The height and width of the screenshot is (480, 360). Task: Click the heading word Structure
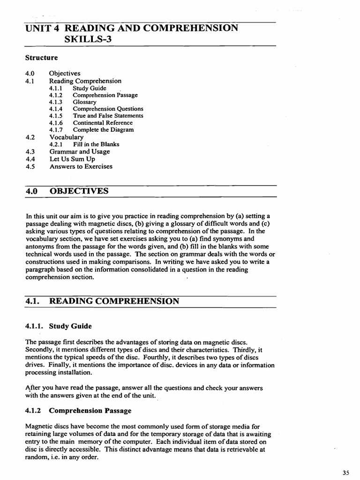pyautogui.click(x=41, y=58)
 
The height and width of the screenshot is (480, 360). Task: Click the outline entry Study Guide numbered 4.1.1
pyautogui.click(x=90, y=88)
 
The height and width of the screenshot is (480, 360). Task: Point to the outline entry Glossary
pyautogui.click(x=84, y=102)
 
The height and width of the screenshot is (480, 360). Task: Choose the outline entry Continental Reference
pyautogui.click(x=103, y=122)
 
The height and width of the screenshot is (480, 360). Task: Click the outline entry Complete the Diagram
pyautogui.click(x=103, y=129)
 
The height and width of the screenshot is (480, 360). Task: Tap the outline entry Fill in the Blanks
pyautogui.click(x=96, y=144)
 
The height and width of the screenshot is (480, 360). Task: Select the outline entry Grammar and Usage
pyautogui.click(x=80, y=151)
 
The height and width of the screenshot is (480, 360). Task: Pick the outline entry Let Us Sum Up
pyautogui.click(x=72, y=159)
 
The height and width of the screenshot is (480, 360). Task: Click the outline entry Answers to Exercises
pyautogui.click(x=81, y=166)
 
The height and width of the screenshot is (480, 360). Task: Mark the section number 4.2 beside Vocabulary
pyautogui.click(x=30, y=137)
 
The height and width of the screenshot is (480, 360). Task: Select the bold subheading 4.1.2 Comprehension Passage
pyautogui.click(x=78, y=411)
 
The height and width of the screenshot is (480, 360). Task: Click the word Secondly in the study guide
pyautogui.click(x=40, y=349)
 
